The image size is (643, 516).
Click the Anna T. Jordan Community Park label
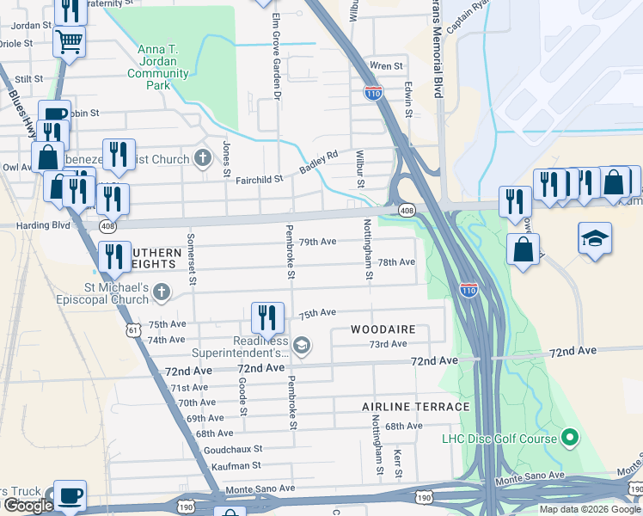pos(158,67)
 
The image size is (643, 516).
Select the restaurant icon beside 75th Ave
pos(267,317)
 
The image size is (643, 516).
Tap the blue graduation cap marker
pos(595,238)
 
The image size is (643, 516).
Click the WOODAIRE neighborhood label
pos(383,329)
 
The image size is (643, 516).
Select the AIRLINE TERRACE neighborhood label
pos(415,407)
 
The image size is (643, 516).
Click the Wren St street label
pos(386,66)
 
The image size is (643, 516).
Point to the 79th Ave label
pos(317,242)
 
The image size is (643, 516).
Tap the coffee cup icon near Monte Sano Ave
pos(70,495)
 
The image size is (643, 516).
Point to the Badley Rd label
pos(319,162)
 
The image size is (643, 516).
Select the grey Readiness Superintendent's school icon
pos(301,346)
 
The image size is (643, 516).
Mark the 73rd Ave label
pos(388,344)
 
